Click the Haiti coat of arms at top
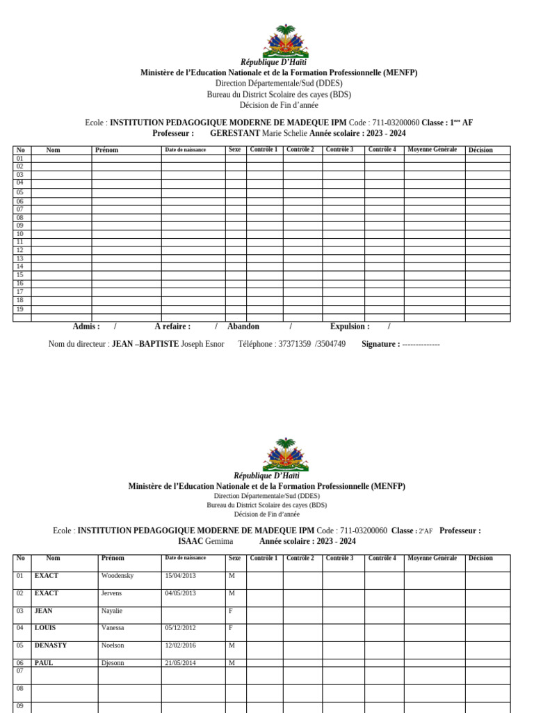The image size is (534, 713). click(x=285, y=40)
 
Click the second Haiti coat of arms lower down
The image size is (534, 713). click(x=285, y=455)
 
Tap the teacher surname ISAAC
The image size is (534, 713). click(x=190, y=541)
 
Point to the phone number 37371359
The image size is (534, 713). click(x=274, y=344)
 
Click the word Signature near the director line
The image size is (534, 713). click(x=380, y=344)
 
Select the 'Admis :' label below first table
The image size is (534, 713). click(x=86, y=326)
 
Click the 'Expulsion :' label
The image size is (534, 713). click(x=350, y=326)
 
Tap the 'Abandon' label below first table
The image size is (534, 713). click(x=243, y=326)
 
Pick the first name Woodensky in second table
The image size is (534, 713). click(x=118, y=576)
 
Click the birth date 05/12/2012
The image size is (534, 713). click(x=180, y=627)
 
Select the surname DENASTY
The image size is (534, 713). click(x=51, y=645)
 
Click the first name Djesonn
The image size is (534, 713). click(x=113, y=663)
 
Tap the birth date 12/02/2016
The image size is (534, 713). click(x=180, y=645)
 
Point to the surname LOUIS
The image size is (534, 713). click(x=45, y=627)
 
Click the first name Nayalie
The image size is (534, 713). click(x=112, y=611)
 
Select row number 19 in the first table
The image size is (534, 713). click(x=20, y=309)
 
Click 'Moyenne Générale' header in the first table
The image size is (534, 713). click(x=432, y=150)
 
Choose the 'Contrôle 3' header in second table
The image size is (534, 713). click(x=340, y=558)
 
